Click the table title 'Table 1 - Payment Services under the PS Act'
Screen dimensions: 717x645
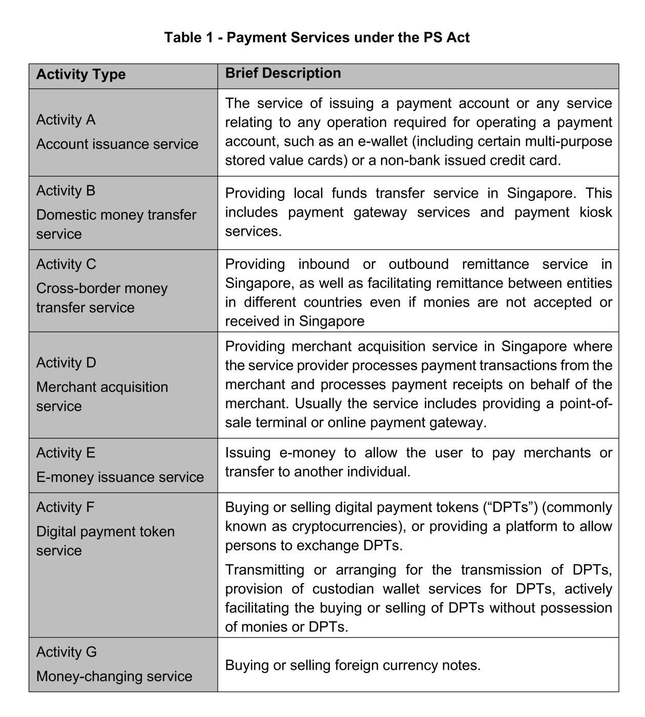317,37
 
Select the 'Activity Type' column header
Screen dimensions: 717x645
81,74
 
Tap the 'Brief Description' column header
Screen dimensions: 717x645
283,73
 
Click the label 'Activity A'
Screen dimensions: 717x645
66,120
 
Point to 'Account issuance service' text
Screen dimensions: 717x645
117,144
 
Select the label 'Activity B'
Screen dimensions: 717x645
66,191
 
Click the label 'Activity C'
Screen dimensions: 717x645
66,264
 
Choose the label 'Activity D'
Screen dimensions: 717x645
66,363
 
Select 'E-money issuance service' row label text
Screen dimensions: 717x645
120,477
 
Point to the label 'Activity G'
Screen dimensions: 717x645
66,652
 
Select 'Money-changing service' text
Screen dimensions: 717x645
114,676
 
